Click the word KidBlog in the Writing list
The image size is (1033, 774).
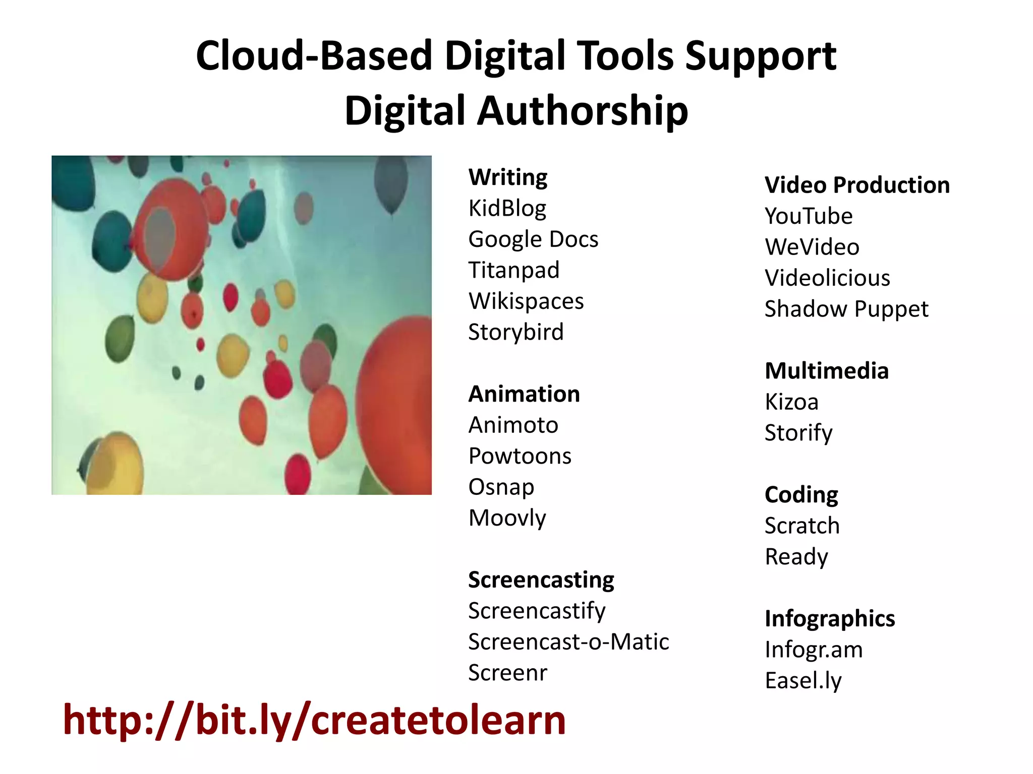click(x=507, y=208)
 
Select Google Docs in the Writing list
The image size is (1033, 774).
click(x=533, y=239)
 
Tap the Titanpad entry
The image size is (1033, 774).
click(x=513, y=270)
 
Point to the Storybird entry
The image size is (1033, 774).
click(x=515, y=332)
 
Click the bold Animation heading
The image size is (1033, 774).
click(x=524, y=394)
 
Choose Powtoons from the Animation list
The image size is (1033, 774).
click(x=520, y=456)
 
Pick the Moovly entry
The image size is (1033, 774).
click(x=507, y=518)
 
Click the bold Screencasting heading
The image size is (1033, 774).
click(x=541, y=580)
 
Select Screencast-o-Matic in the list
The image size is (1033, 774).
click(x=568, y=642)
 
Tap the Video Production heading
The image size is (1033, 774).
click(x=857, y=185)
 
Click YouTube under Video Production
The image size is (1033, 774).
click(x=809, y=216)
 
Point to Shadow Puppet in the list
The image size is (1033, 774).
click(x=846, y=309)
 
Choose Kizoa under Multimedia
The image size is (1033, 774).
click(x=791, y=402)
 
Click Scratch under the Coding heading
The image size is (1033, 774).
click(x=802, y=526)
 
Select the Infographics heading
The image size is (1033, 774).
click(x=830, y=619)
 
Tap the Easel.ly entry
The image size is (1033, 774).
click(x=803, y=681)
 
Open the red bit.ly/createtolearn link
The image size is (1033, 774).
click(x=314, y=721)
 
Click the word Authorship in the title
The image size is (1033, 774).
click(x=582, y=111)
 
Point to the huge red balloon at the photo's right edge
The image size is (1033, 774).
click(x=398, y=403)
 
